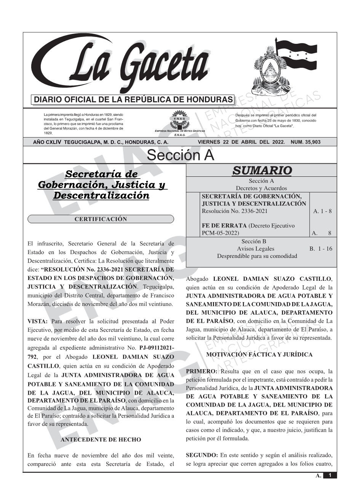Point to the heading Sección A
180,155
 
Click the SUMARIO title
262,171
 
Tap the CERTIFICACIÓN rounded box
101,219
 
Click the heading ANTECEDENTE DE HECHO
101,440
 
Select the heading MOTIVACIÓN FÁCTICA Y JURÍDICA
259,355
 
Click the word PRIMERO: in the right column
202,371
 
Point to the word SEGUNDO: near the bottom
202,455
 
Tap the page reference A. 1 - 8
322,211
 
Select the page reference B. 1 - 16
320,249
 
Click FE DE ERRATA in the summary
224,226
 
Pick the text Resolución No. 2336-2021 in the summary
234,211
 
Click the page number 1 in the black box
330,475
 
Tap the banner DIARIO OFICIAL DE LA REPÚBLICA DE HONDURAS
133,100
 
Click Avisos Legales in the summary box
255,249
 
